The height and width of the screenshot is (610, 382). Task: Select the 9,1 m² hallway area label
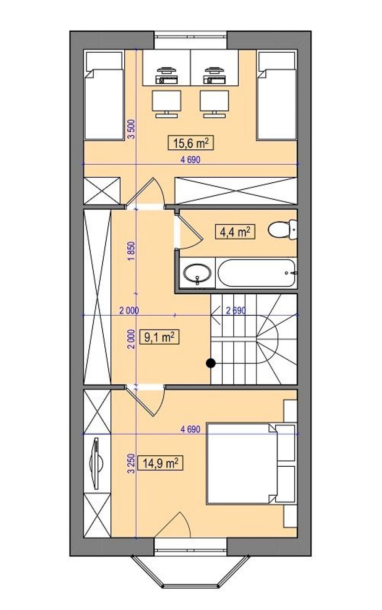pyautogui.click(x=159, y=337)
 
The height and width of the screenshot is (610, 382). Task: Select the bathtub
pyautogui.click(x=257, y=273)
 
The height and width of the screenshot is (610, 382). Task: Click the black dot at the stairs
pyautogui.click(x=211, y=363)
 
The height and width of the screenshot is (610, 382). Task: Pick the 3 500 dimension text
pyautogui.click(x=132, y=129)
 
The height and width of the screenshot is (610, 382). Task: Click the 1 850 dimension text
pyautogui.click(x=132, y=251)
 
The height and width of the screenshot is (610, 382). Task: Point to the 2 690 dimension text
pyautogui.click(x=236, y=310)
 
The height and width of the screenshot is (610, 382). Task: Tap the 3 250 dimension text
pyautogui.click(x=132, y=464)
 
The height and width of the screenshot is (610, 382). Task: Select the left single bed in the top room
pyautogui.click(x=104, y=96)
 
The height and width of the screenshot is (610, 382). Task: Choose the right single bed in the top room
pyautogui.click(x=277, y=96)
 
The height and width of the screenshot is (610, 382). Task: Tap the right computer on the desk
pyautogui.click(x=214, y=75)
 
